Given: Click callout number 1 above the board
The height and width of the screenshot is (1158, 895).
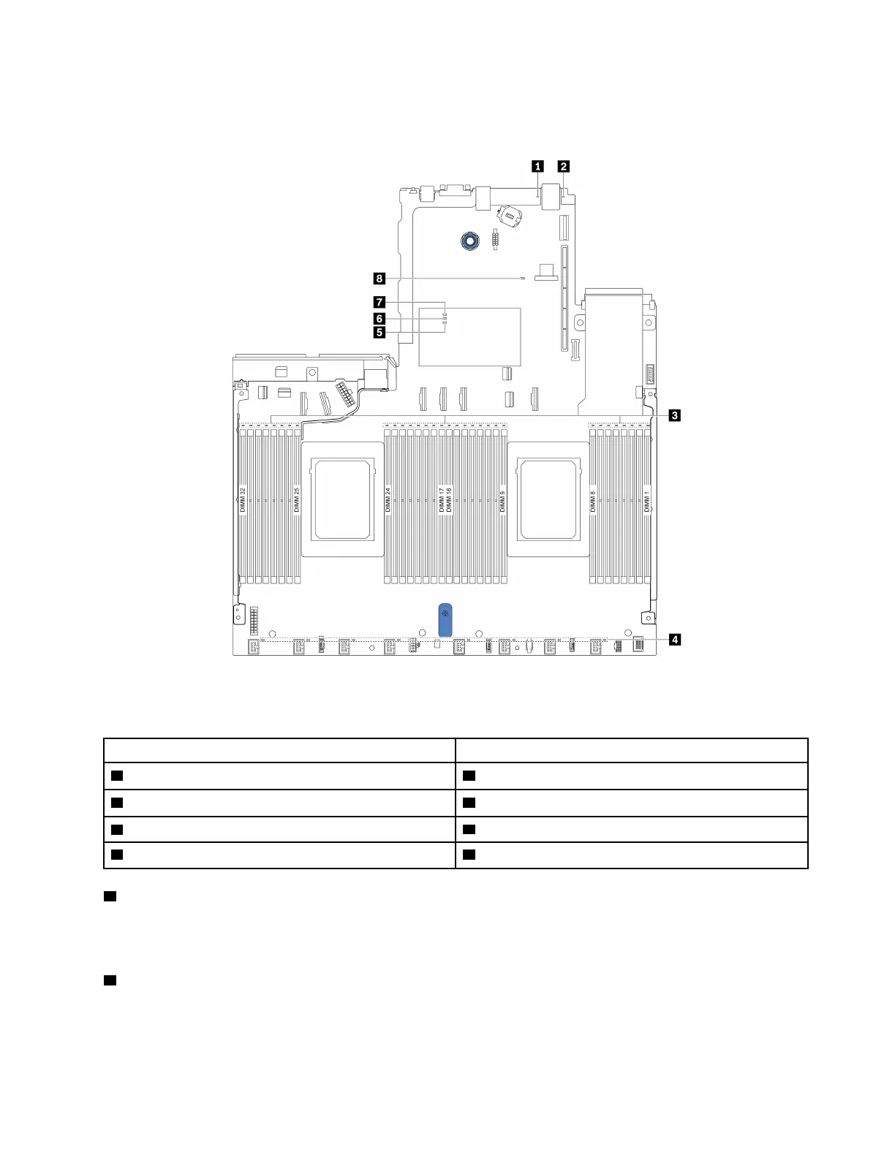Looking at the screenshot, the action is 538,166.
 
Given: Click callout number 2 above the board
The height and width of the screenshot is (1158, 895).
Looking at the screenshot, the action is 563,166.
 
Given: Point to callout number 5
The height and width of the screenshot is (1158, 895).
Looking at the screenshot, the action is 379,333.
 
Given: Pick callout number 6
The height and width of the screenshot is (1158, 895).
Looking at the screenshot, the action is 379,318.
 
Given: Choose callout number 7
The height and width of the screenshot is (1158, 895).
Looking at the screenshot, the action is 379,301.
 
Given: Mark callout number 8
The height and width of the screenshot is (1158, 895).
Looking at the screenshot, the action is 379,279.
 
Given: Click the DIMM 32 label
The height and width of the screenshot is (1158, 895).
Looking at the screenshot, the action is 243,500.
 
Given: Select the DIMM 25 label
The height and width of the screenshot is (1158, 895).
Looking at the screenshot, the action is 297,500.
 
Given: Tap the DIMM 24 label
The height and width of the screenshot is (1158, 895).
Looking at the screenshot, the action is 388,500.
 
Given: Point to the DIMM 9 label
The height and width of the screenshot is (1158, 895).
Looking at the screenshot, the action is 503,502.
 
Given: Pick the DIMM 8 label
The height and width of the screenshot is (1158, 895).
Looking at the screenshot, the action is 593,502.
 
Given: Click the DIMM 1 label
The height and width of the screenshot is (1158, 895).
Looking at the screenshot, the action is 647,502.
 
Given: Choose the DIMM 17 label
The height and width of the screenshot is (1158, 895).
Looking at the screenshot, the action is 441,500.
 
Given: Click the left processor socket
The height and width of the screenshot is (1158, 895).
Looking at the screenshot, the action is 343,499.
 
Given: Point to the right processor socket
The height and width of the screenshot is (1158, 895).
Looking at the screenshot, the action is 548,499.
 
